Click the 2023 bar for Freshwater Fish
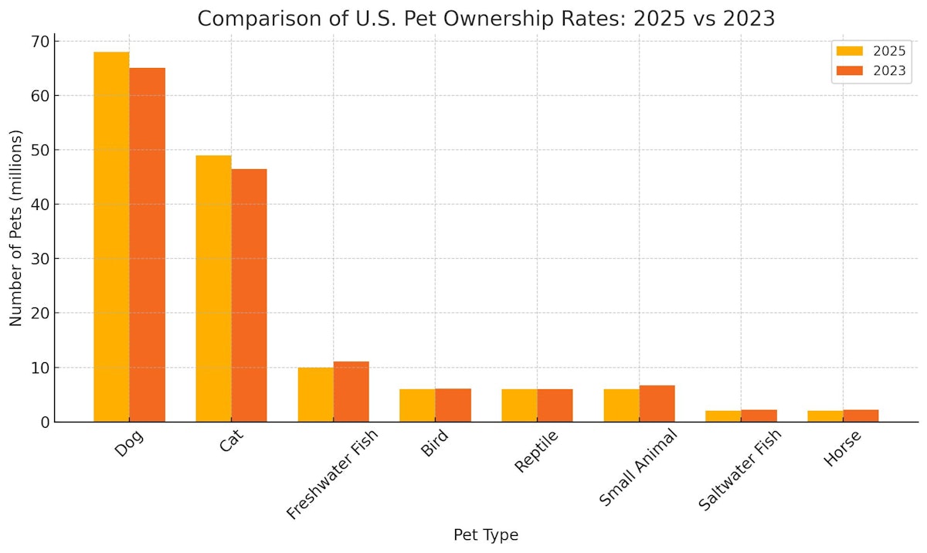tap(351, 392)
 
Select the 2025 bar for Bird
tap(417, 405)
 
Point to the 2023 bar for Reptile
tap(555, 405)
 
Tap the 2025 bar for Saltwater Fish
tap(723, 416)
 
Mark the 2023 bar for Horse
tap(861, 416)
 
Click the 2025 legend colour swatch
tap(850, 51)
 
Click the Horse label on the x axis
tap(842, 449)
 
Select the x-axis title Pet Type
tap(485, 534)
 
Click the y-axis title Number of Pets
tap(16, 228)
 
